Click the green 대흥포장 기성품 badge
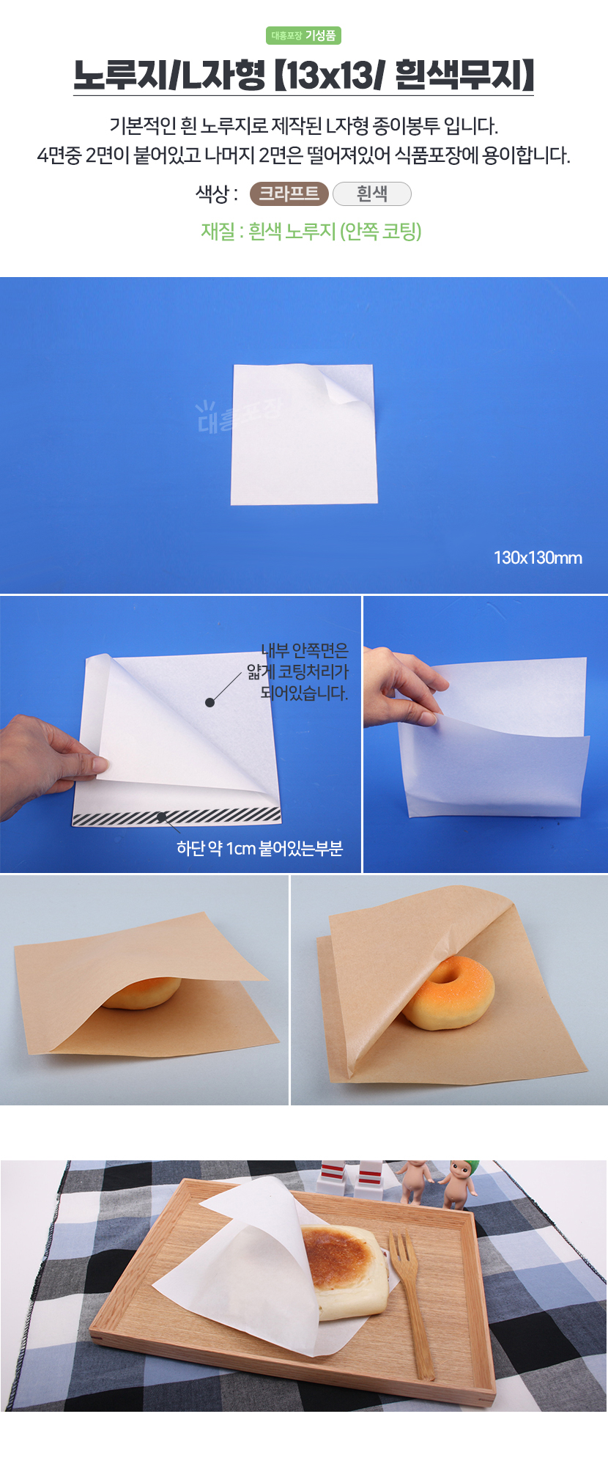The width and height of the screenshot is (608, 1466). (x=303, y=35)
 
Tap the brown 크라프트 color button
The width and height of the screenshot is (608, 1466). (x=289, y=194)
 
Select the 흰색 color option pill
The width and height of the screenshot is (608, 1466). (x=371, y=194)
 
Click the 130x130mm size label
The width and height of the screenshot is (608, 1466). (x=538, y=558)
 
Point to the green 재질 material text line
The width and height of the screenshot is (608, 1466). (x=311, y=232)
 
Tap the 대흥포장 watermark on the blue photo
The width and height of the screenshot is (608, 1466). (x=238, y=415)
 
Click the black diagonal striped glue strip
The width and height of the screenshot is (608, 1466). (x=177, y=817)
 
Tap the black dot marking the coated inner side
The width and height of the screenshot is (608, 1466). (x=210, y=702)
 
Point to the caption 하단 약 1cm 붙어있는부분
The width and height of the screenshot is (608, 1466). (x=259, y=848)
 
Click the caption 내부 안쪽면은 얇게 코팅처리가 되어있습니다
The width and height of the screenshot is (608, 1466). (x=298, y=671)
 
